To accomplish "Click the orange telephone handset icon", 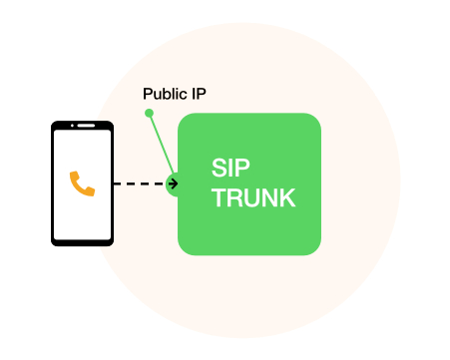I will [x=82, y=183].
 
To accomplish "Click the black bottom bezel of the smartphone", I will [x=82, y=240].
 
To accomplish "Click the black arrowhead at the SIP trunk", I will [x=174, y=183].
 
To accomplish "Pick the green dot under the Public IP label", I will [x=149, y=113].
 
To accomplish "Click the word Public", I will [x=163, y=94].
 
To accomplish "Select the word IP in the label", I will [x=199, y=94].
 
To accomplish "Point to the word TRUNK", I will [x=252, y=198].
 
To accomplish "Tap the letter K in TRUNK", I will [x=287, y=198].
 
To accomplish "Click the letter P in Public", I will [x=148, y=94].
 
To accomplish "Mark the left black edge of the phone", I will [x=54, y=183].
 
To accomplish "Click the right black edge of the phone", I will [x=111, y=183].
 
